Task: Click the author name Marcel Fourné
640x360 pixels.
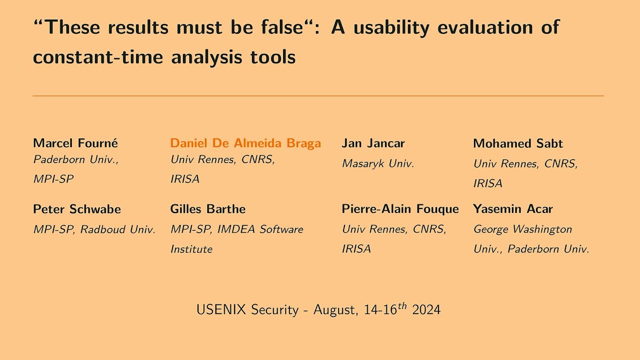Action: click(x=75, y=143)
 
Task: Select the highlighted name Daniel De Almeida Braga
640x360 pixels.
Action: click(x=245, y=143)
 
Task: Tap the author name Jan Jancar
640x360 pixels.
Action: click(x=373, y=143)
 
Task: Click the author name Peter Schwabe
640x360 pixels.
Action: click(x=77, y=209)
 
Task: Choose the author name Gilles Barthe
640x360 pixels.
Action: click(x=208, y=209)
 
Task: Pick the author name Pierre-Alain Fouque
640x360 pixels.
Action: click(x=400, y=209)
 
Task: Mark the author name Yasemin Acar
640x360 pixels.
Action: click(x=513, y=209)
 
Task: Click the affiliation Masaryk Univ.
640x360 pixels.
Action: click(x=378, y=163)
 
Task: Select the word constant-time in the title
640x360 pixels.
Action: click(x=98, y=57)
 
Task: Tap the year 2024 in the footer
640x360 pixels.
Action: click(x=426, y=309)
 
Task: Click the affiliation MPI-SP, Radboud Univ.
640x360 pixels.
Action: click(x=94, y=229)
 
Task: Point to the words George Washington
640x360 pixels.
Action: click(x=522, y=229)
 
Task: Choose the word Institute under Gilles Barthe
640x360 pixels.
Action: click(x=191, y=249)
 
